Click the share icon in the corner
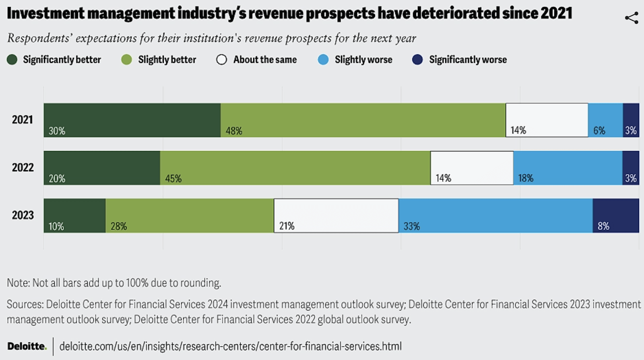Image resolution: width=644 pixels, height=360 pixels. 632,18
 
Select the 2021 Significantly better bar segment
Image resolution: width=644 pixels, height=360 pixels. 132,120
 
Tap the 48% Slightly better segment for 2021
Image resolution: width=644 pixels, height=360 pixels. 363,120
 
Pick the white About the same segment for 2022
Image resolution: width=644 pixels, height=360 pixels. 472,168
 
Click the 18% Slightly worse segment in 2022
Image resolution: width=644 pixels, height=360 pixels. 568,168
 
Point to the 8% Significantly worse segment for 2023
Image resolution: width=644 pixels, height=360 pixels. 615,216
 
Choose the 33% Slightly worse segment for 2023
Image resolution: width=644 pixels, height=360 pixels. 495,216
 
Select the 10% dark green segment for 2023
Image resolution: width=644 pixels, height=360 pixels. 74,216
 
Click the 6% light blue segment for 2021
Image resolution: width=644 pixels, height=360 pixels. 605,120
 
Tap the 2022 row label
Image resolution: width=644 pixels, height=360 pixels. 23,167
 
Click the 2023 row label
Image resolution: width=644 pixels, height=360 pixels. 23,215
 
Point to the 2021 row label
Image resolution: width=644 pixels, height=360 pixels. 23,119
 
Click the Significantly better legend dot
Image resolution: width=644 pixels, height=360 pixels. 12,60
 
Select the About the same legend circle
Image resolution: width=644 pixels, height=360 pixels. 221,60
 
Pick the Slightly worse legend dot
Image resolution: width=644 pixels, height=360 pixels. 323,60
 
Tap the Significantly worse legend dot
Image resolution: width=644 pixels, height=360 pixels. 417,60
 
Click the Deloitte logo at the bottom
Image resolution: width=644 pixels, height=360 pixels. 27,346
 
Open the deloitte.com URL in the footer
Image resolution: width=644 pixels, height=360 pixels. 230,346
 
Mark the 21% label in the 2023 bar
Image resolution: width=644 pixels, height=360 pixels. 287,226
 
